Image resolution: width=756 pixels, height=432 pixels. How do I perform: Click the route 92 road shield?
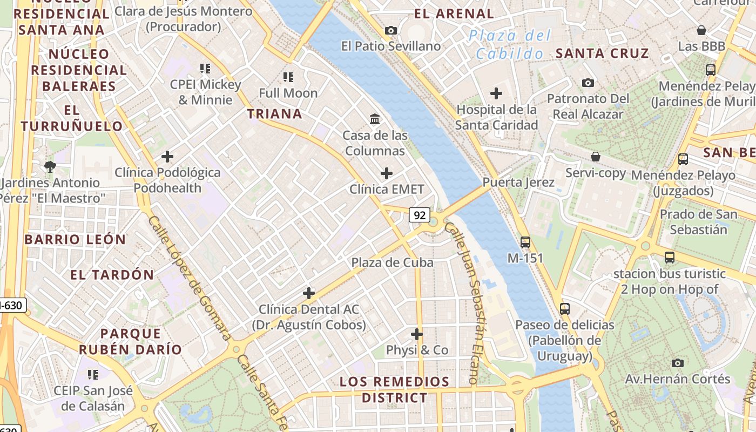[419, 215]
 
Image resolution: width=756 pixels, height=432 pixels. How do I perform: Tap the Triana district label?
[274, 114]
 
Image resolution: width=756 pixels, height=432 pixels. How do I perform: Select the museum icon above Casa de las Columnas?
[375, 118]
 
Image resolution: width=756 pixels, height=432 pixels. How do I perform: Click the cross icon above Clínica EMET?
[387, 173]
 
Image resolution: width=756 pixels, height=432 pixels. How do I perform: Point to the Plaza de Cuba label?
[393, 262]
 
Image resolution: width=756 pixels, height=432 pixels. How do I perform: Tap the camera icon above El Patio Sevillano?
[391, 31]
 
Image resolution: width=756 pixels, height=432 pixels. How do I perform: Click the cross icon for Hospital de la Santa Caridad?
[496, 93]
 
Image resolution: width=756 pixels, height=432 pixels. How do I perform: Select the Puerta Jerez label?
[518, 182]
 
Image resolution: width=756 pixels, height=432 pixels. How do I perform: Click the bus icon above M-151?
[525, 242]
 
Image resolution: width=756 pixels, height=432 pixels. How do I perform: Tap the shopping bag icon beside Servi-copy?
[596, 157]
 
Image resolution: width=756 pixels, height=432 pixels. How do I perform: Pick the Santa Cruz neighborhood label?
[602, 53]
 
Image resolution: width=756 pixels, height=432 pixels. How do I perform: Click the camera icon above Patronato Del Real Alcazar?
[588, 83]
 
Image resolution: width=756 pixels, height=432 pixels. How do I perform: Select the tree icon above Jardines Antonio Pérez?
[50, 166]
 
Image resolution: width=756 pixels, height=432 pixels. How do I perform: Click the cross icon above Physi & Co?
[417, 334]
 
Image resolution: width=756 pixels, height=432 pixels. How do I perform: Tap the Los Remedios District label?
[394, 390]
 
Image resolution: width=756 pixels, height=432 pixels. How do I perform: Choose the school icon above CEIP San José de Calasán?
[93, 374]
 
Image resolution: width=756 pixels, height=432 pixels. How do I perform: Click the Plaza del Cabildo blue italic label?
[510, 45]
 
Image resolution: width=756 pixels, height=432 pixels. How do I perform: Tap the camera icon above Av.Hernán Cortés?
[677, 363]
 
